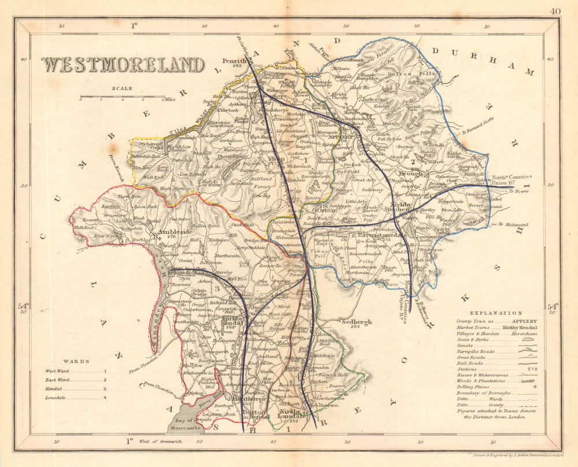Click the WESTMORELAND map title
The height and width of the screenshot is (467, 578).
(x=123, y=64)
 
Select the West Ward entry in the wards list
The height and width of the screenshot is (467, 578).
(x=57, y=372)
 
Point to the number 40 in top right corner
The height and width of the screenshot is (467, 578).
(x=555, y=11)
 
